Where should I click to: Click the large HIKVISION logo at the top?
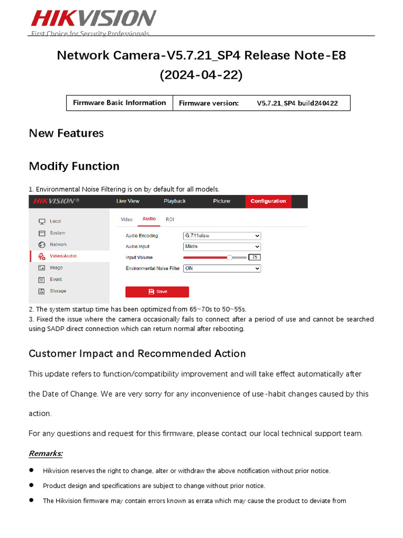pos(93,18)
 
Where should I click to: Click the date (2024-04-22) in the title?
pos(201,75)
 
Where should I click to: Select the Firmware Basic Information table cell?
pos(119,103)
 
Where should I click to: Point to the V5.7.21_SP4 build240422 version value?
pos(297,104)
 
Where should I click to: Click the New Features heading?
pos(66,133)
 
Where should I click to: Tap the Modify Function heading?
pos(74,166)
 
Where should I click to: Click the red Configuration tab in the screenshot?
pos(268,201)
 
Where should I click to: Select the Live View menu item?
pos(128,201)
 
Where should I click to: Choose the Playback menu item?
pos(175,201)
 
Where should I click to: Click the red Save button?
pos(157,292)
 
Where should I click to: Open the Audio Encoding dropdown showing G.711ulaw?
pos(221,236)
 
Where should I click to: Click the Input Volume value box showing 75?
pos(254,257)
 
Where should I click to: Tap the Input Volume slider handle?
pos(229,257)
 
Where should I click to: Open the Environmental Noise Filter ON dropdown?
pos(221,268)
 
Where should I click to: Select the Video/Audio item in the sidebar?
pos(63,256)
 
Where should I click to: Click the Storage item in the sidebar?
pos(58,291)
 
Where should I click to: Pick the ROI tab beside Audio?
pos(170,219)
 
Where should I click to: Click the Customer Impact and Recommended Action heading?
pos(137,354)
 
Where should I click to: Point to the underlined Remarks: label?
pos(46,453)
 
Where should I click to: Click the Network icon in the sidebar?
pos(41,245)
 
